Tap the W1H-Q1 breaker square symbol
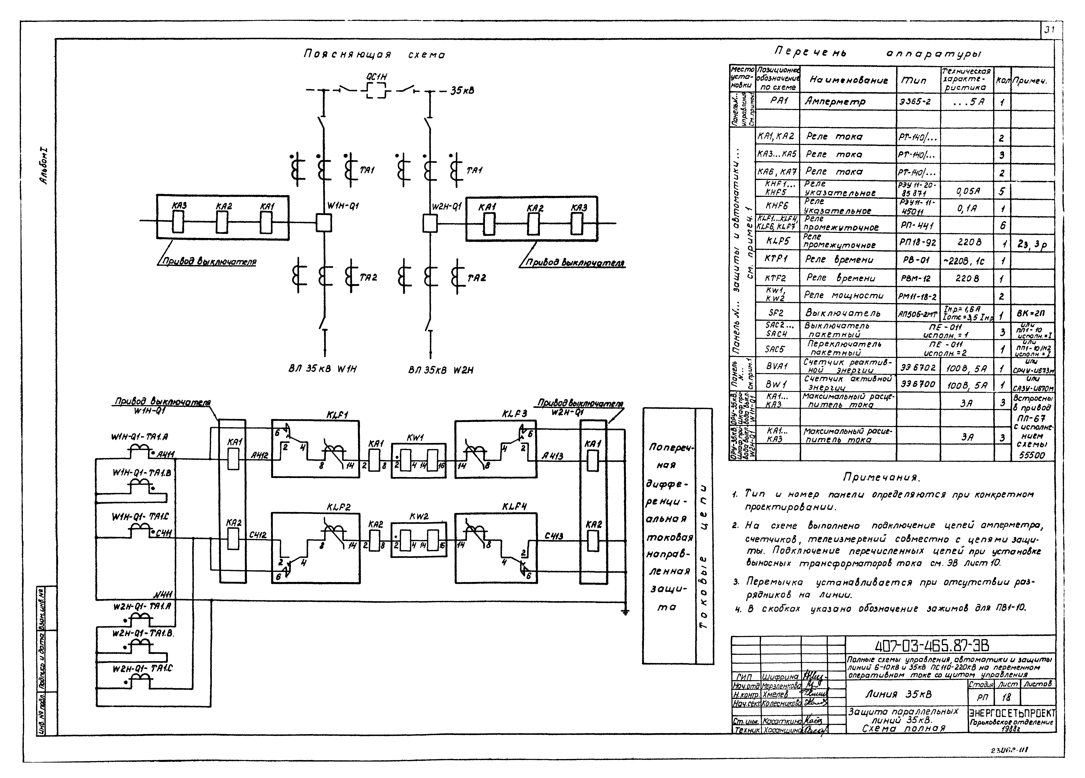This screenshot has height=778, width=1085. tap(324, 222)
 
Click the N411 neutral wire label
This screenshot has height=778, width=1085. tap(163, 595)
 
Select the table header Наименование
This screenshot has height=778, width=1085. tap(849, 80)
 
